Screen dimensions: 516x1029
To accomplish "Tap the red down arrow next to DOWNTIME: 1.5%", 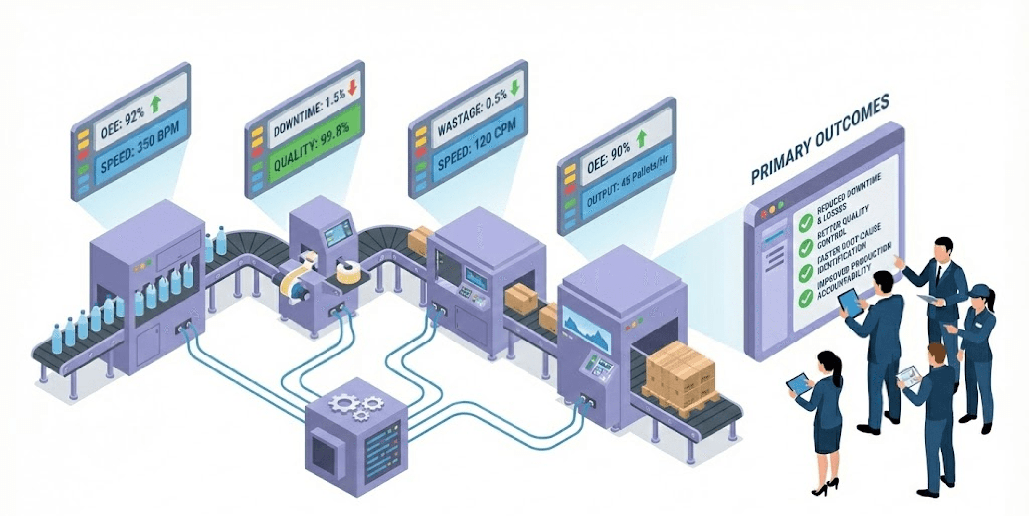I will pos(352,87).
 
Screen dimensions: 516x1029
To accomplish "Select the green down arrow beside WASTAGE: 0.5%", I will pos(514,88).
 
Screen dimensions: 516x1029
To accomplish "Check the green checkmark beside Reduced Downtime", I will pos(806,222).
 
